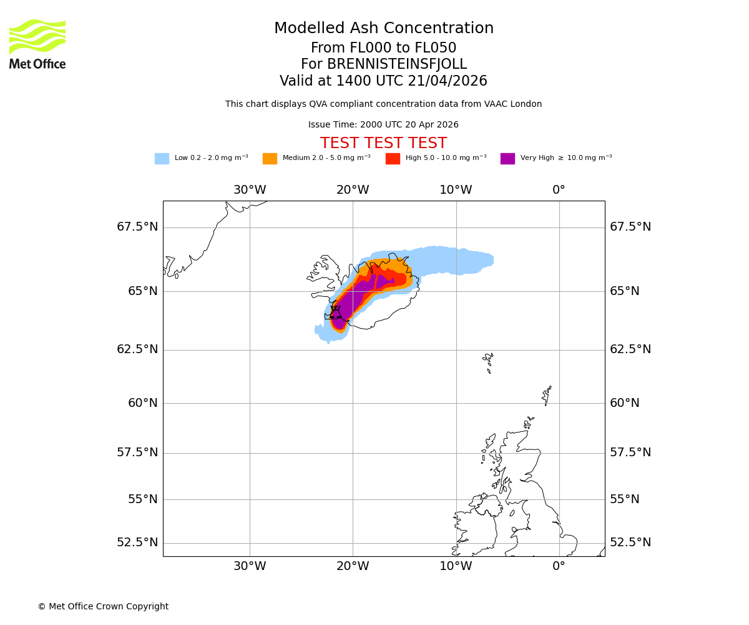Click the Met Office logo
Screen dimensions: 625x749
click(37, 44)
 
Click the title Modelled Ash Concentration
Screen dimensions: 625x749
click(383, 29)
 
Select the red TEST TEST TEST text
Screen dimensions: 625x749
click(383, 144)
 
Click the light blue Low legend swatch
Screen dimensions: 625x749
click(162, 159)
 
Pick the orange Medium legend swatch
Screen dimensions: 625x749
click(270, 159)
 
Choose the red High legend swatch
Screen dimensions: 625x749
click(393, 159)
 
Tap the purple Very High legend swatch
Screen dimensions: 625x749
click(507, 159)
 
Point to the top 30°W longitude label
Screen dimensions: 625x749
click(250, 190)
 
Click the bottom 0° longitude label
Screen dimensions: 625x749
click(559, 566)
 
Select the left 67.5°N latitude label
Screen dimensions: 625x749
click(137, 227)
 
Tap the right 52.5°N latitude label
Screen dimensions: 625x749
click(630, 542)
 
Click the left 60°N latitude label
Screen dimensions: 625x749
click(143, 403)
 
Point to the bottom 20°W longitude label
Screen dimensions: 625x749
click(353, 566)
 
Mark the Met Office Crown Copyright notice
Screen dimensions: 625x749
click(103, 607)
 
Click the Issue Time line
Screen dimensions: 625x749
click(383, 125)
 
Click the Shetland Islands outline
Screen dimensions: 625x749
click(547, 394)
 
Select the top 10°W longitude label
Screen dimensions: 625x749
click(456, 190)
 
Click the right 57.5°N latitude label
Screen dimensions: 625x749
click(630, 452)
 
